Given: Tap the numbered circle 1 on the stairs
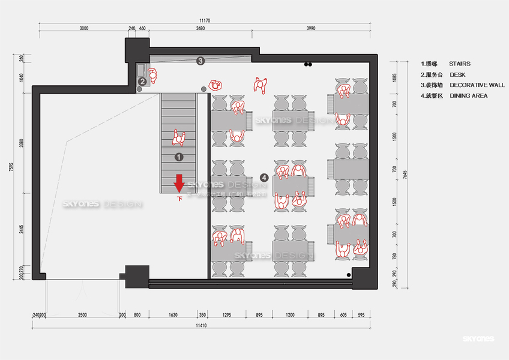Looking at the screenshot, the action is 178,157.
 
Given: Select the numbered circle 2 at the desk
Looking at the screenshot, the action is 142,82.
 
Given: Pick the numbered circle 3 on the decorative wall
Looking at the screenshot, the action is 200,61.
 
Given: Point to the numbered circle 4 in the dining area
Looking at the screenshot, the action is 264,177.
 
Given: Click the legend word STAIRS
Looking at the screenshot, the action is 459,64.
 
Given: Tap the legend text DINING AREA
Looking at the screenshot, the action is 468,96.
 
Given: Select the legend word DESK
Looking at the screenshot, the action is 457,74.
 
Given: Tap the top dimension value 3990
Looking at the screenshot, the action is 310,28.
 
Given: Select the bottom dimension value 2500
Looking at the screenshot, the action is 82,315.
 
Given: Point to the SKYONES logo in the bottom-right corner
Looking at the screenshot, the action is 478,340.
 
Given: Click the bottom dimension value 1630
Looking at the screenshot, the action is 172,315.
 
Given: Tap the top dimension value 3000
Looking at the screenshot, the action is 83,28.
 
